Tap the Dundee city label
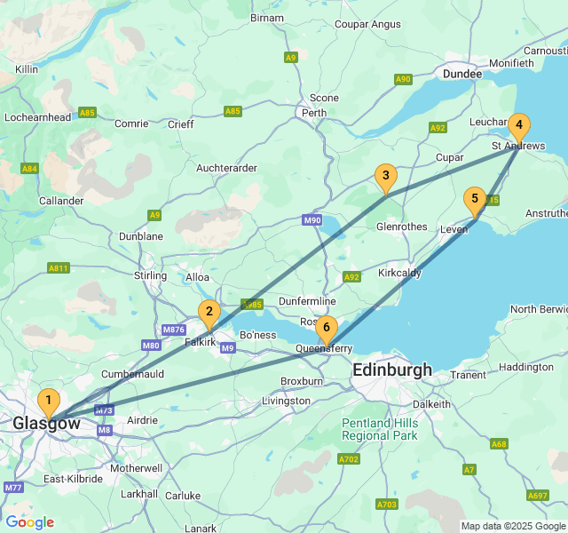point(461,74)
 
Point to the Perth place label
point(314,114)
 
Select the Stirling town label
point(150,276)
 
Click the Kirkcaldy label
point(399,273)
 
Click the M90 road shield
point(312,220)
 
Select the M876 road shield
point(174,330)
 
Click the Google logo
point(29,522)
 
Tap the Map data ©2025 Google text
point(512,526)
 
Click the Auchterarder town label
point(226,168)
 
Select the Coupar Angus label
point(367,24)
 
